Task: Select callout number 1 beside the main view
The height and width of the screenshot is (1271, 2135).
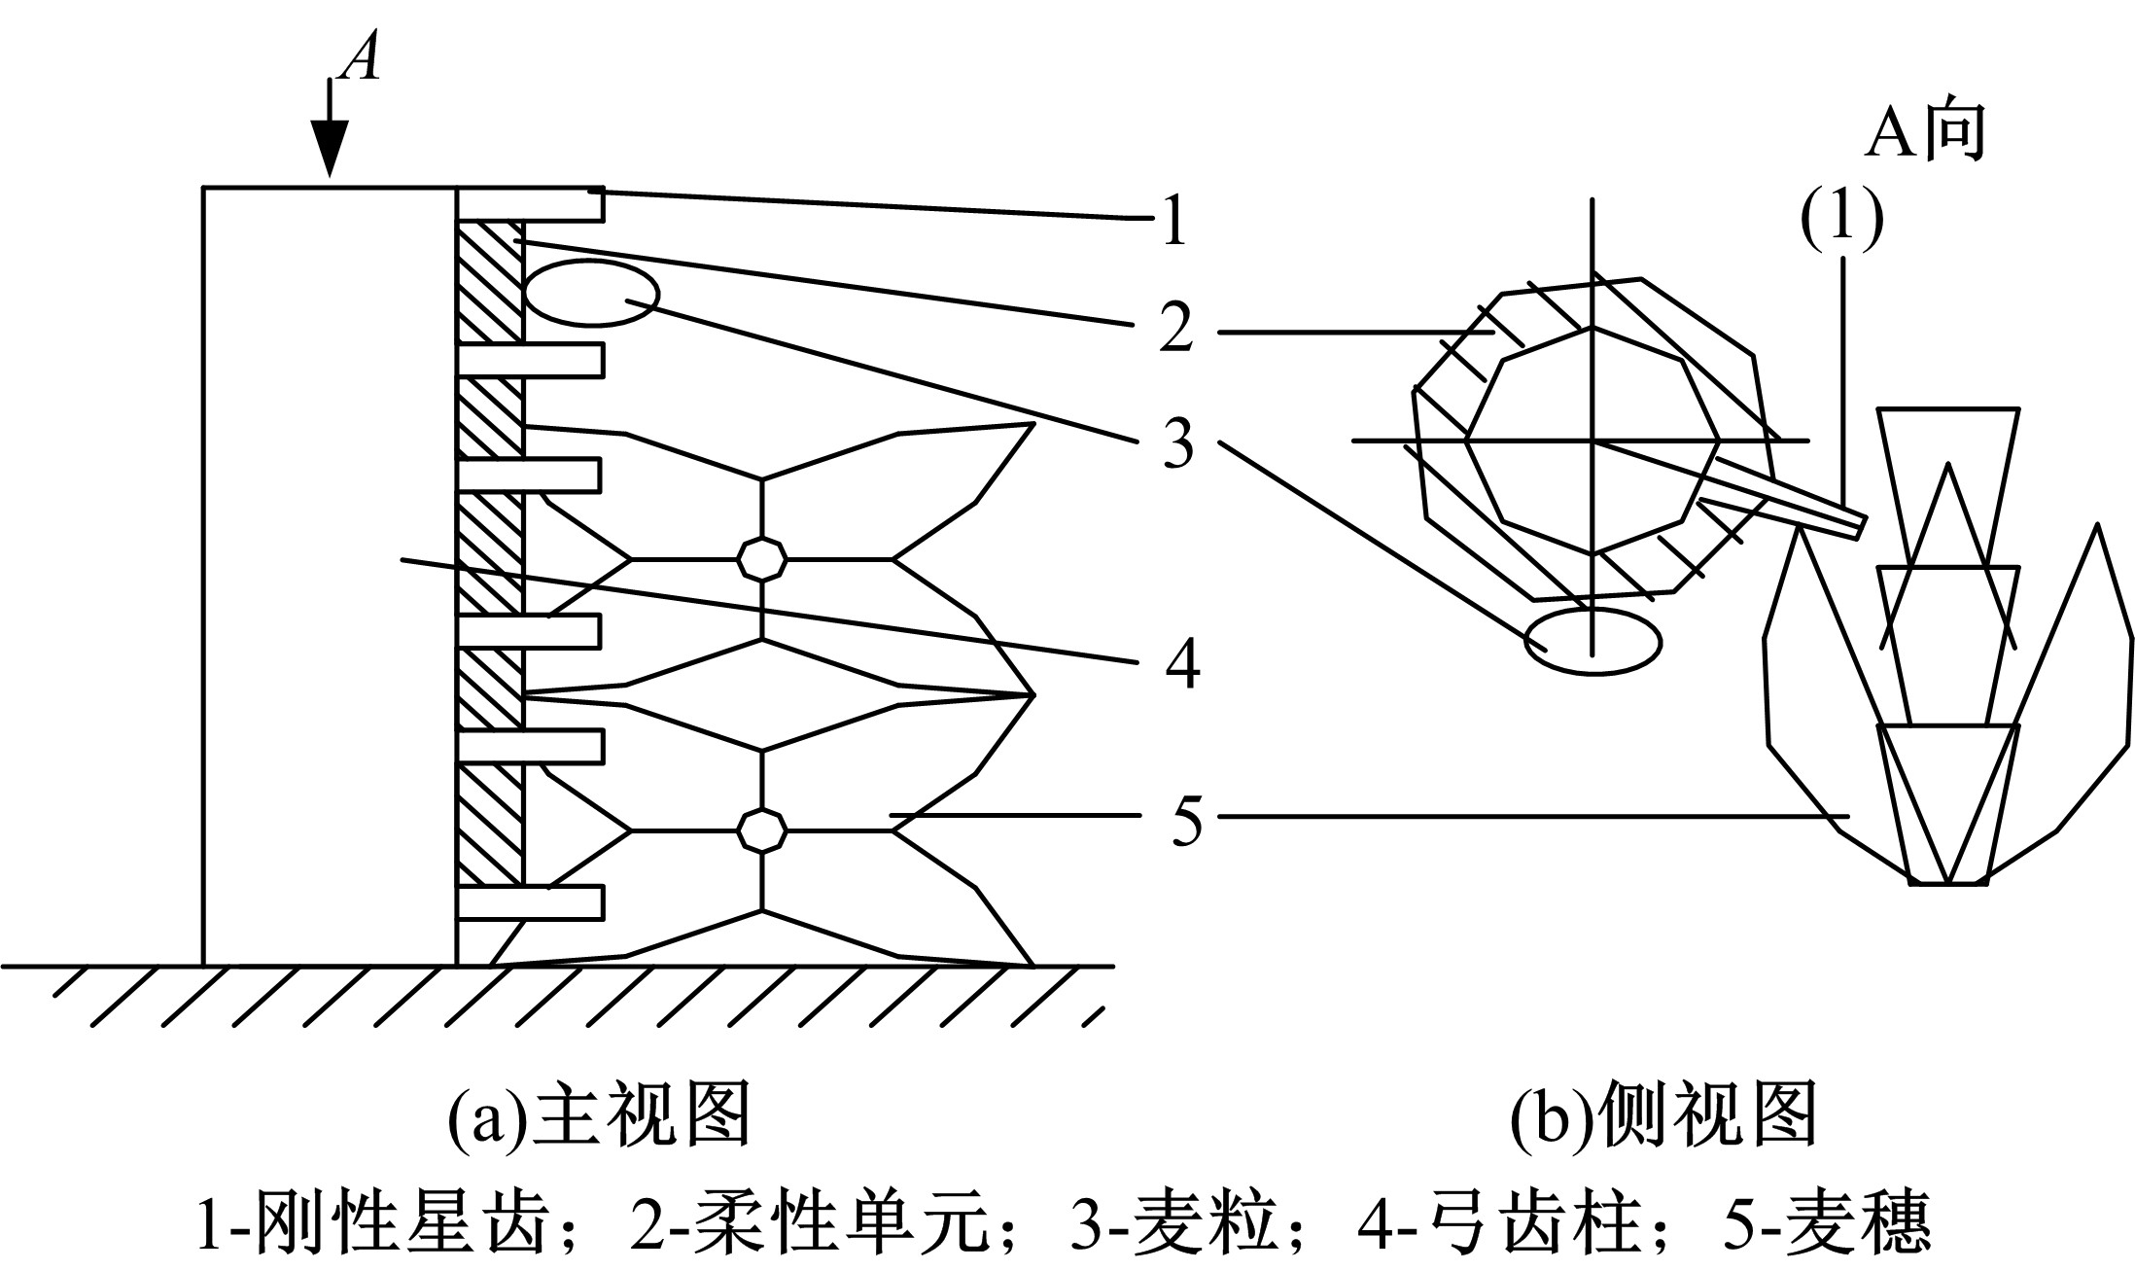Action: (x=1174, y=220)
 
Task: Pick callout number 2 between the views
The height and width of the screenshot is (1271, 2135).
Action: (x=1175, y=330)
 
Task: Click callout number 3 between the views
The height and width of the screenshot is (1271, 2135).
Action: (x=1177, y=444)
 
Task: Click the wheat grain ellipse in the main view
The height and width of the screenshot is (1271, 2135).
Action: (x=591, y=293)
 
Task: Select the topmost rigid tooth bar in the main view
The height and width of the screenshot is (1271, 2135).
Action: (x=531, y=203)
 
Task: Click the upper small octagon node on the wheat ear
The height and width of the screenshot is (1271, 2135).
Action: (x=762, y=559)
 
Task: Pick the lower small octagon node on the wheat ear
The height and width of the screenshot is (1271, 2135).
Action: (x=762, y=830)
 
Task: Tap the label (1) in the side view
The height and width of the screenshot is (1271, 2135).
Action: (x=1840, y=222)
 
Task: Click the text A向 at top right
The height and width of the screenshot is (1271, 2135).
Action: (x=1923, y=131)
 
